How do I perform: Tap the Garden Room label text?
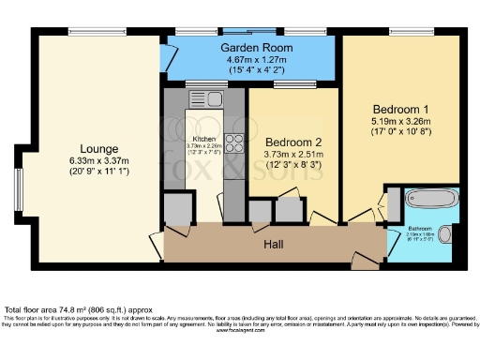click(256, 48)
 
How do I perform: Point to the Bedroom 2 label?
click(293, 142)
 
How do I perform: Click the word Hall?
click(273, 243)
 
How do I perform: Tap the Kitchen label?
click(203, 140)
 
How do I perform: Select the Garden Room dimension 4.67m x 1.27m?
click(256, 60)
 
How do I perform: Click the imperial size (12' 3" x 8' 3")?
click(293, 166)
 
